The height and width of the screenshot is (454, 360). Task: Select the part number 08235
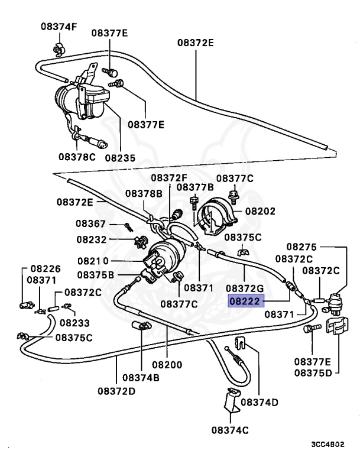[120, 158]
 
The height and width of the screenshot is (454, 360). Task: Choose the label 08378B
[144, 193]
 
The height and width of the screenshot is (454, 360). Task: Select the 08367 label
[90, 224]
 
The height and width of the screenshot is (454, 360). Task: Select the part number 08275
[302, 247]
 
